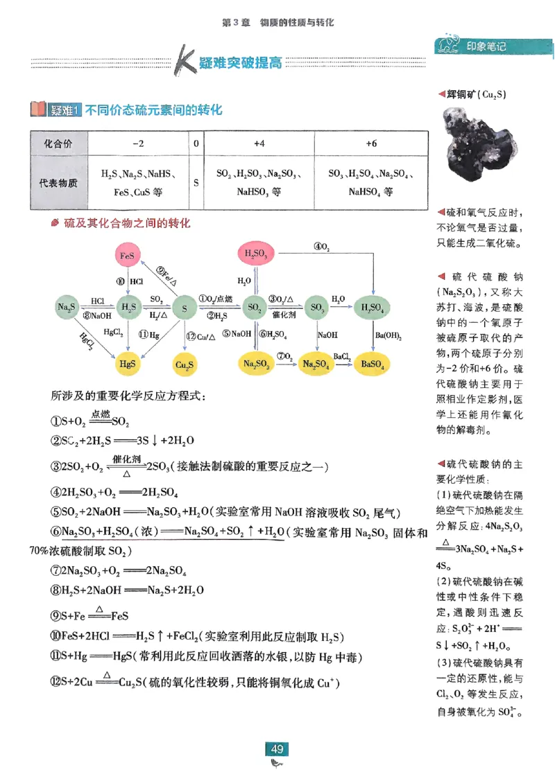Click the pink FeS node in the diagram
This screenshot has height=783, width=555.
pyautogui.click(x=127, y=256)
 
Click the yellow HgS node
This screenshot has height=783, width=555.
pyautogui.click(x=127, y=362)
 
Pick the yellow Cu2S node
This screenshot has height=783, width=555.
pyautogui.click(x=185, y=364)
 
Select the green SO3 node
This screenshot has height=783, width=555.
pyautogui.click(x=317, y=306)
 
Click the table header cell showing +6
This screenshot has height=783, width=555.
pyautogui.click(x=371, y=143)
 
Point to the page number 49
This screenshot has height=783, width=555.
pyautogui.click(x=277, y=749)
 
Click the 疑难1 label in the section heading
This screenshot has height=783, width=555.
pyautogui.click(x=65, y=109)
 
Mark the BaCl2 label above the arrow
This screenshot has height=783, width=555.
pyautogui.click(x=341, y=355)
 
